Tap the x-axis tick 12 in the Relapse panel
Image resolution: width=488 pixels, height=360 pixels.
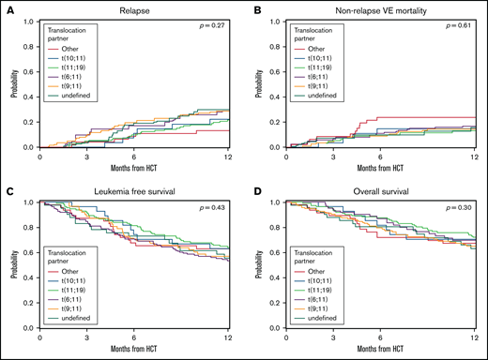(x=227, y=157)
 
